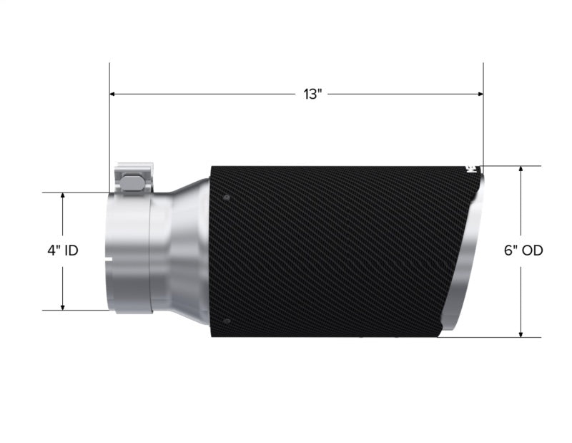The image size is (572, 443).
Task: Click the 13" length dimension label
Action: pos(312,94)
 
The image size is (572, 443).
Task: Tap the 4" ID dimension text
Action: pos(63,250)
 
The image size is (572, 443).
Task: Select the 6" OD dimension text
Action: pos(523,250)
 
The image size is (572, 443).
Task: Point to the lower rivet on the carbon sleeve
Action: pos(226,321)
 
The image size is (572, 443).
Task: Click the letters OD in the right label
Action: pos(533,250)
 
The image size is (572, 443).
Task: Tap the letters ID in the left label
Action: pos(71,250)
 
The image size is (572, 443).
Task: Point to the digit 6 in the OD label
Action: pos(508,250)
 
